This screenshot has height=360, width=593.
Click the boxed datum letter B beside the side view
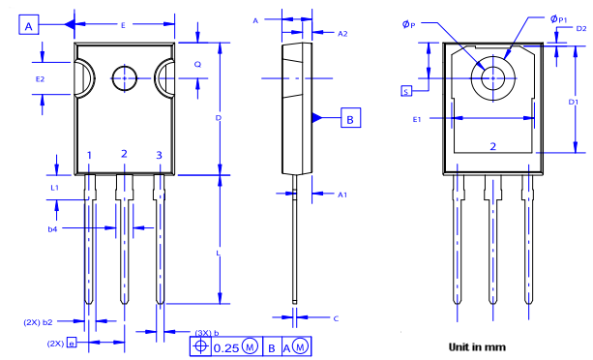[x=351, y=118]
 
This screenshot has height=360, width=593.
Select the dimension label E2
[x=40, y=77]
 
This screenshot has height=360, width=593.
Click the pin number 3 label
[x=160, y=155]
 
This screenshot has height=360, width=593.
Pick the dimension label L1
[x=55, y=187]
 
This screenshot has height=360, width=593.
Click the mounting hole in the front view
[x=125, y=77]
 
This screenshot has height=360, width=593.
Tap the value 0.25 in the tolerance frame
[x=226, y=346]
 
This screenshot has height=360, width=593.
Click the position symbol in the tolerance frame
[x=200, y=345]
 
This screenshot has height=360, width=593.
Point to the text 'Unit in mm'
[x=476, y=345]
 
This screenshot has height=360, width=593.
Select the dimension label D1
[x=574, y=101]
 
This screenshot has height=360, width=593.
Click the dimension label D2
[x=580, y=29]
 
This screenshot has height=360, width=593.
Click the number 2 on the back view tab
[x=492, y=146]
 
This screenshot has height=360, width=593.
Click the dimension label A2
[x=342, y=33]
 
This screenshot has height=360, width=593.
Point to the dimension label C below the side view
[x=335, y=317]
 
